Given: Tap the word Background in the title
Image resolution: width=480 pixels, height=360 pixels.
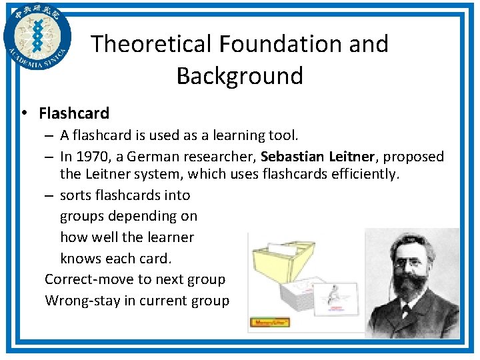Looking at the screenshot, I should point(239,75).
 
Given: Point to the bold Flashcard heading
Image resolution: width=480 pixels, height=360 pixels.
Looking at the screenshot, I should point(74,113).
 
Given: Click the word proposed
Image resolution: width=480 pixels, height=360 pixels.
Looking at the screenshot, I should point(414,157).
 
